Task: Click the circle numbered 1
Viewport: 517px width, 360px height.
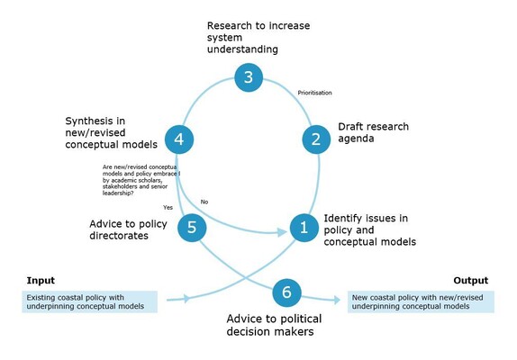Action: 304,228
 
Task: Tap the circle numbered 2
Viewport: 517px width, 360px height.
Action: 316,139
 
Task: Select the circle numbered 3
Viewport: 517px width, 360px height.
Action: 249,77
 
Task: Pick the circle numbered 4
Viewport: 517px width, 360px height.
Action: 180,139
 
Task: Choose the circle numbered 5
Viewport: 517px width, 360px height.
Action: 191,228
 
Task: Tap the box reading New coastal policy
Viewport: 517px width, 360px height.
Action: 419,301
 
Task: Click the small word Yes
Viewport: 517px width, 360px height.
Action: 168,207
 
